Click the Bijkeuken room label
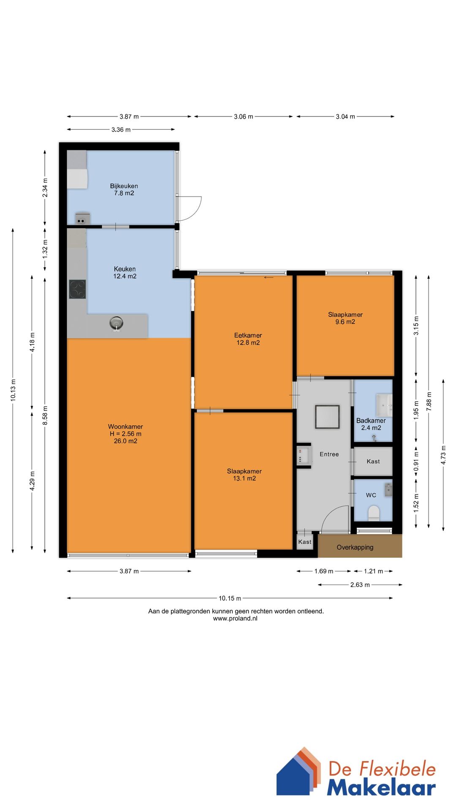pyautogui.click(x=124, y=189)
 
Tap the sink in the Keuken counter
pyautogui.click(x=116, y=324)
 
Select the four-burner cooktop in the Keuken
pyautogui.click(x=78, y=289)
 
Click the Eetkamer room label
pyautogui.click(x=248, y=339)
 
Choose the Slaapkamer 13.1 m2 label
pyautogui.click(x=244, y=475)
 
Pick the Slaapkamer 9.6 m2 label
pyautogui.click(x=345, y=318)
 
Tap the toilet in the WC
pyautogui.click(x=374, y=513)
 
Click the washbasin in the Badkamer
pyautogui.click(x=384, y=405)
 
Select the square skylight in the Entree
pyautogui.click(x=327, y=417)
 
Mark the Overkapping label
pyautogui.click(x=355, y=547)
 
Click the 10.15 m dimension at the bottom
pyautogui.click(x=230, y=598)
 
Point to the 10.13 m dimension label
pyautogui.click(x=13, y=390)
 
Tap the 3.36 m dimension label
pyautogui.click(x=121, y=130)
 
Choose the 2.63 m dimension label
pyautogui.click(x=360, y=585)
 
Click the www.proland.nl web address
pyautogui.click(x=235, y=618)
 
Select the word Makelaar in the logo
pyautogui.click(x=381, y=787)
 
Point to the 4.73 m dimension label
pyautogui.click(x=443, y=455)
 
